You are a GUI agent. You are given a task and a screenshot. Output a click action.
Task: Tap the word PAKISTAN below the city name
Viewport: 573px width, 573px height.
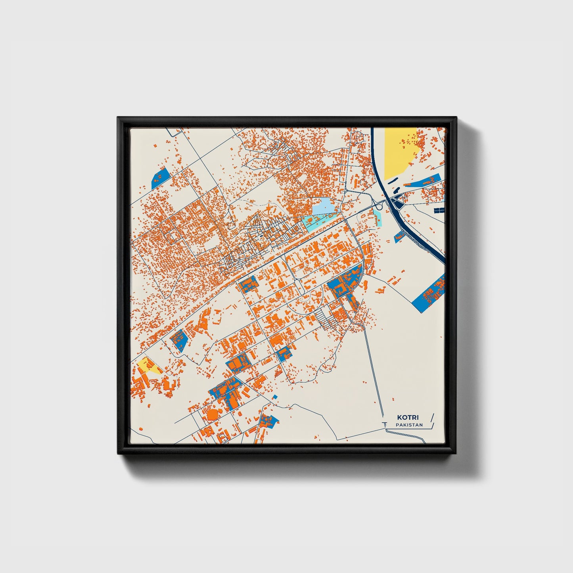(409, 425)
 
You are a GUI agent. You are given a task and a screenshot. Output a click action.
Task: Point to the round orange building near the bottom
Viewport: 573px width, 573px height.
(213, 415)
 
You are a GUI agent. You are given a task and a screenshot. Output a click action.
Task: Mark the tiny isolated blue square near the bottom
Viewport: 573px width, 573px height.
(275, 397)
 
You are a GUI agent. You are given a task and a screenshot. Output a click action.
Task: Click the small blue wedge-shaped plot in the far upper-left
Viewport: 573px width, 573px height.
(160, 178)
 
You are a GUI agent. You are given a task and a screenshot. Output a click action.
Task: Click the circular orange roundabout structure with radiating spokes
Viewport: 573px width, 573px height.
(270, 209)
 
